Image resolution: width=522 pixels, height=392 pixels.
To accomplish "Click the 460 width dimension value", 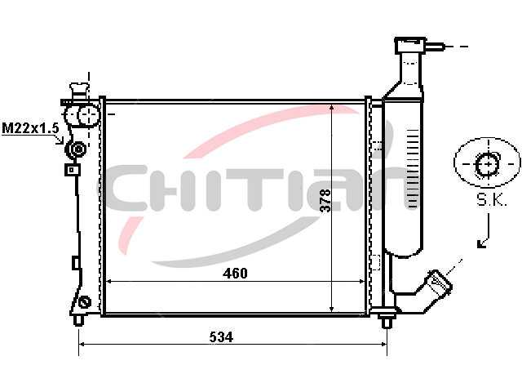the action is [x=235, y=274].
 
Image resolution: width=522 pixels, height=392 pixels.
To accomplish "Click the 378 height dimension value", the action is [x=325, y=200].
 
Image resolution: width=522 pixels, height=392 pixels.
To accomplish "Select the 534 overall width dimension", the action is [x=221, y=337].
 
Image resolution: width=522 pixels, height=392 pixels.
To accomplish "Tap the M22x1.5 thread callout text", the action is [x=30, y=128].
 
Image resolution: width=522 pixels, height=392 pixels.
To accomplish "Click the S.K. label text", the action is [x=491, y=199].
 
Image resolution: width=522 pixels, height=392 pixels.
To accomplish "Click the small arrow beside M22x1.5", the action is [x=60, y=140].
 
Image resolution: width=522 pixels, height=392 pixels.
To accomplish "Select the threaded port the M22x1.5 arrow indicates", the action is [x=77, y=149].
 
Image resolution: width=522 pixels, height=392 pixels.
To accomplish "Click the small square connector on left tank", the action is [x=72, y=170].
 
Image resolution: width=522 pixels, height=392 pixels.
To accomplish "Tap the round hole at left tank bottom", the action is [x=85, y=303].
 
